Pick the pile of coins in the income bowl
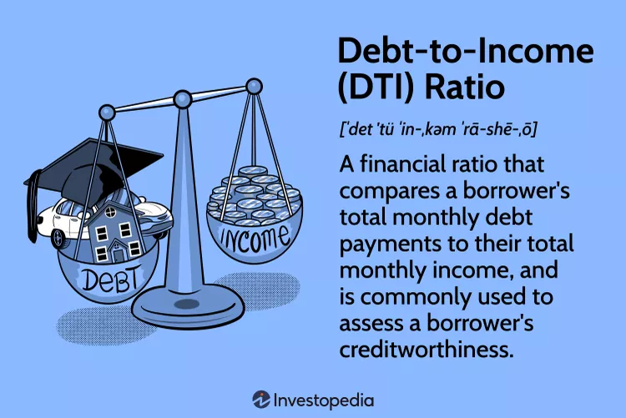(255, 195)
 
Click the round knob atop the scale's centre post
(182, 100)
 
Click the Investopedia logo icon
(260, 400)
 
